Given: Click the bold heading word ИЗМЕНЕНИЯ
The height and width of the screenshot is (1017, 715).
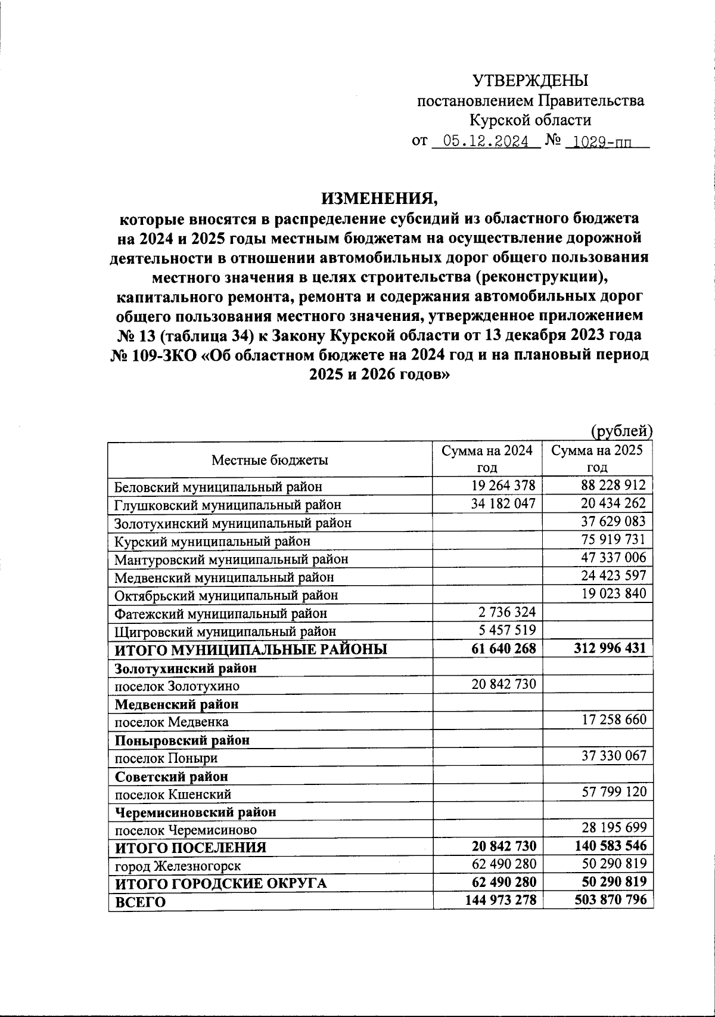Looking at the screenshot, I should (x=380, y=197).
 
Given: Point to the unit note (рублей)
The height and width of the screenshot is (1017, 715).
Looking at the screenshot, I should (x=621, y=430).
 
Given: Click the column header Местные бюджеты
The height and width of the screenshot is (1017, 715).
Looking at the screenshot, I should (x=270, y=460).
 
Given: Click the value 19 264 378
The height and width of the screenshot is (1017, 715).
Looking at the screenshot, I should (x=503, y=486).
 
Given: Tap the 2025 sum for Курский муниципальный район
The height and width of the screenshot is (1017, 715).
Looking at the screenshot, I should (x=613, y=540).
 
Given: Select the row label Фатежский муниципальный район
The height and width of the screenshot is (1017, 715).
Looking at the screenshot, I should (x=220, y=613).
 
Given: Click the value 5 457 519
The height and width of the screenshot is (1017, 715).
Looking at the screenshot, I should (x=507, y=630).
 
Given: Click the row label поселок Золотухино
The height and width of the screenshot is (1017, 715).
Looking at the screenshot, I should (x=177, y=686).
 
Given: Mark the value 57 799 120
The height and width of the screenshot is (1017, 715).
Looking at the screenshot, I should (x=613, y=793).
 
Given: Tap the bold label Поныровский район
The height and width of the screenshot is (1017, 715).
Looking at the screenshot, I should (x=182, y=740).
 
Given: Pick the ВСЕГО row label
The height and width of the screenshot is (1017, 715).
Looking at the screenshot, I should (x=140, y=902).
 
